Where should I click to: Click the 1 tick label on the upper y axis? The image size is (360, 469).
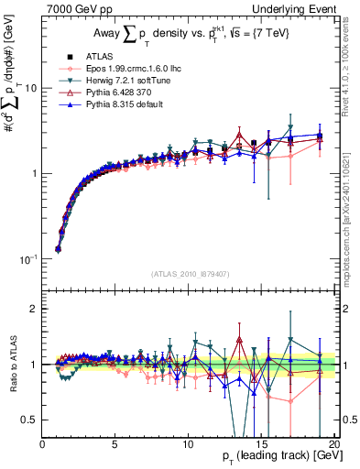(x=34, y=174)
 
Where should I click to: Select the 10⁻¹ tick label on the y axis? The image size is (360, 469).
(x=28, y=259)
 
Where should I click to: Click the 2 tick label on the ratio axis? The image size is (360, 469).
(x=34, y=309)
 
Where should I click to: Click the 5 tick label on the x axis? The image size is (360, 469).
(x=115, y=444)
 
